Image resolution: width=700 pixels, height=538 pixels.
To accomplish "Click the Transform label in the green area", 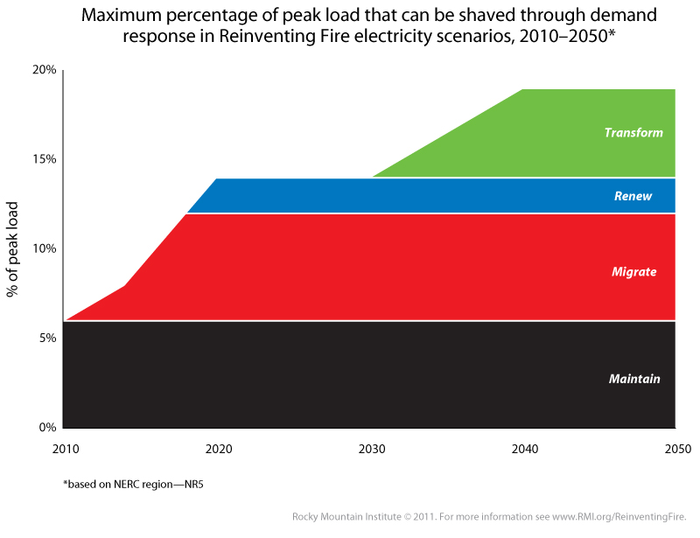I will pyautogui.click(x=633, y=133).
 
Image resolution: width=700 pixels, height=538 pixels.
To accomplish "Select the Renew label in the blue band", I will pyautogui.click(x=633, y=196).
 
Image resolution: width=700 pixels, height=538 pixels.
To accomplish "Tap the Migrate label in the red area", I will pyautogui.click(x=633, y=272).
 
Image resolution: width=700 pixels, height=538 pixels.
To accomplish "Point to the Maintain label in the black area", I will pyautogui.click(x=634, y=379).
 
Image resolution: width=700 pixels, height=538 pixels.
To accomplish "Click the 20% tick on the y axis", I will pyautogui.click(x=45, y=70).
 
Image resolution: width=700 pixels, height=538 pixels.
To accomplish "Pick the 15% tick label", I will pyautogui.click(x=45, y=159).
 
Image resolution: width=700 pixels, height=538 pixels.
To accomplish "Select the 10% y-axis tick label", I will pyautogui.click(x=45, y=248).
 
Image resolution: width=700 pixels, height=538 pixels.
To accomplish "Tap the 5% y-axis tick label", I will pyautogui.click(x=48, y=338).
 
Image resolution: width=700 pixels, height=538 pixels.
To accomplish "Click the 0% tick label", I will pyautogui.click(x=48, y=427).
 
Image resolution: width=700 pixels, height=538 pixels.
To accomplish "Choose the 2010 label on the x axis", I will pyautogui.click(x=65, y=449).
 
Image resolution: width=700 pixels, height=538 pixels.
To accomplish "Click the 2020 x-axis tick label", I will pyautogui.click(x=218, y=449).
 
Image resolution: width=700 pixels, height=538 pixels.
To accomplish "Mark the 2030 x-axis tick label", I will pyautogui.click(x=372, y=449).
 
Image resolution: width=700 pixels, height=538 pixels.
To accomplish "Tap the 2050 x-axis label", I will pyautogui.click(x=677, y=449).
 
